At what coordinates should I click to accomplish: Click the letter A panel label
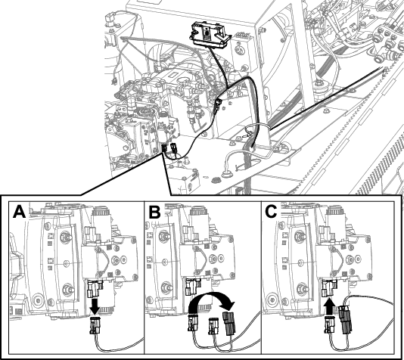click(20, 212)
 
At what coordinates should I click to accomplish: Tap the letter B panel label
click(154, 212)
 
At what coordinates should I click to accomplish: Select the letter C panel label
click(271, 212)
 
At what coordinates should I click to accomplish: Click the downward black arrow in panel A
click(95, 306)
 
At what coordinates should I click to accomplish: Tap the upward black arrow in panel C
click(329, 306)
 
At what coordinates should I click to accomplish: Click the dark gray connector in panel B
click(229, 323)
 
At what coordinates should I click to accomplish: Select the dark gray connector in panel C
click(345, 319)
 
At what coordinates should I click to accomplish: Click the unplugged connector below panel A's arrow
click(95, 325)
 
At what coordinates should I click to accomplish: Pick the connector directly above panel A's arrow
click(95, 288)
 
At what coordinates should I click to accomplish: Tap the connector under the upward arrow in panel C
click(329, 325)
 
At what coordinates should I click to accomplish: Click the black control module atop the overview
click(210, 35)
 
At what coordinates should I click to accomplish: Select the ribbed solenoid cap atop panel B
click(199, 212)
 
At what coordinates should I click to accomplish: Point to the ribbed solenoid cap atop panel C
click(335, 212)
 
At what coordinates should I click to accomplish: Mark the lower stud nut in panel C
click(303, 288)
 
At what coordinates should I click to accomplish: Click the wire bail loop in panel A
click(103, 262)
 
